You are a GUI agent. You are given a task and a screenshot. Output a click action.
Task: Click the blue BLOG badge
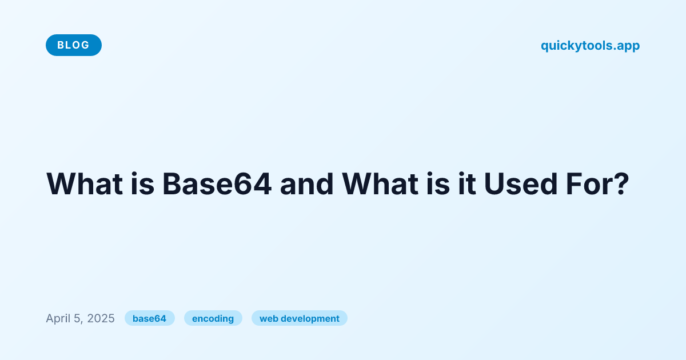tap(74, 45)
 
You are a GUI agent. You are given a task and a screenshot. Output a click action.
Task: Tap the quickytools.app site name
tap(590, 46)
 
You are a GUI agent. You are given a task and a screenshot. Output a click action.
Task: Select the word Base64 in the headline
tap(217, 183)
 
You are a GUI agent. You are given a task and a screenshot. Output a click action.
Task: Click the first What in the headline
tap(85, 183)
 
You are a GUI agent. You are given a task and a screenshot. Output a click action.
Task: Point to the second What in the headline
tap(380, 183)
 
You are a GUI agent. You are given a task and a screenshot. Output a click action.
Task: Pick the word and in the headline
tap(306, 183)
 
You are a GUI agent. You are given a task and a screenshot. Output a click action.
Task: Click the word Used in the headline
tap(521, 183)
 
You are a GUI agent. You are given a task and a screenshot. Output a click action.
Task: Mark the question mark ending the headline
tap(620, 183)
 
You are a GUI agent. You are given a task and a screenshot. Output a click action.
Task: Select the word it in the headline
tap(467, 183)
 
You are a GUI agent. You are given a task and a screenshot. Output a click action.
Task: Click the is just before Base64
tap(143, 183)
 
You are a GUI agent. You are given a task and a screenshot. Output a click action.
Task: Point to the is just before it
tap(438, 183)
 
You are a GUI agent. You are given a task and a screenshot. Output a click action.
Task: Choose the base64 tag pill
tap(149, 318)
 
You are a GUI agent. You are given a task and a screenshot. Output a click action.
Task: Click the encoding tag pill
tap(213, 318)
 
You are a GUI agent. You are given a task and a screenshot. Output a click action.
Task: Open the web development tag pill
tap(300, 318)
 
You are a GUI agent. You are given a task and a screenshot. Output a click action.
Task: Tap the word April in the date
tap(58, 319)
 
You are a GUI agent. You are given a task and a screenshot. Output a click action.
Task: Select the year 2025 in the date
tap(101, 318)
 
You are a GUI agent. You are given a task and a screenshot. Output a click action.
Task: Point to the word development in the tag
tap(310, 319)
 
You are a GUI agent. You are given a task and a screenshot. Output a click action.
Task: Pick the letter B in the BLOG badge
tap(61, 45)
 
